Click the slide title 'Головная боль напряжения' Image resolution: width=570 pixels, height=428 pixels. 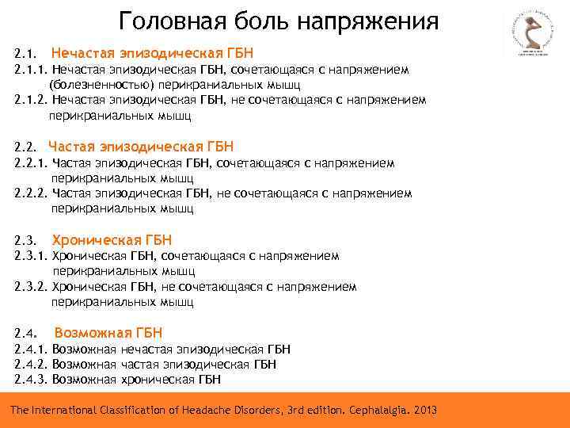278,21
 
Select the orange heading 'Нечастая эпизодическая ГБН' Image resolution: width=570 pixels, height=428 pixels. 152,53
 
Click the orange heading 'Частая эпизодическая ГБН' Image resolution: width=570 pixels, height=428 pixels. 141,147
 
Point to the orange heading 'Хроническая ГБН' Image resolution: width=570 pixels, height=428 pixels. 111,240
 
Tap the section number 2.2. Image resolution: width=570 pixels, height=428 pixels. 25,147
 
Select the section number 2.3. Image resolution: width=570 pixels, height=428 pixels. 25,241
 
